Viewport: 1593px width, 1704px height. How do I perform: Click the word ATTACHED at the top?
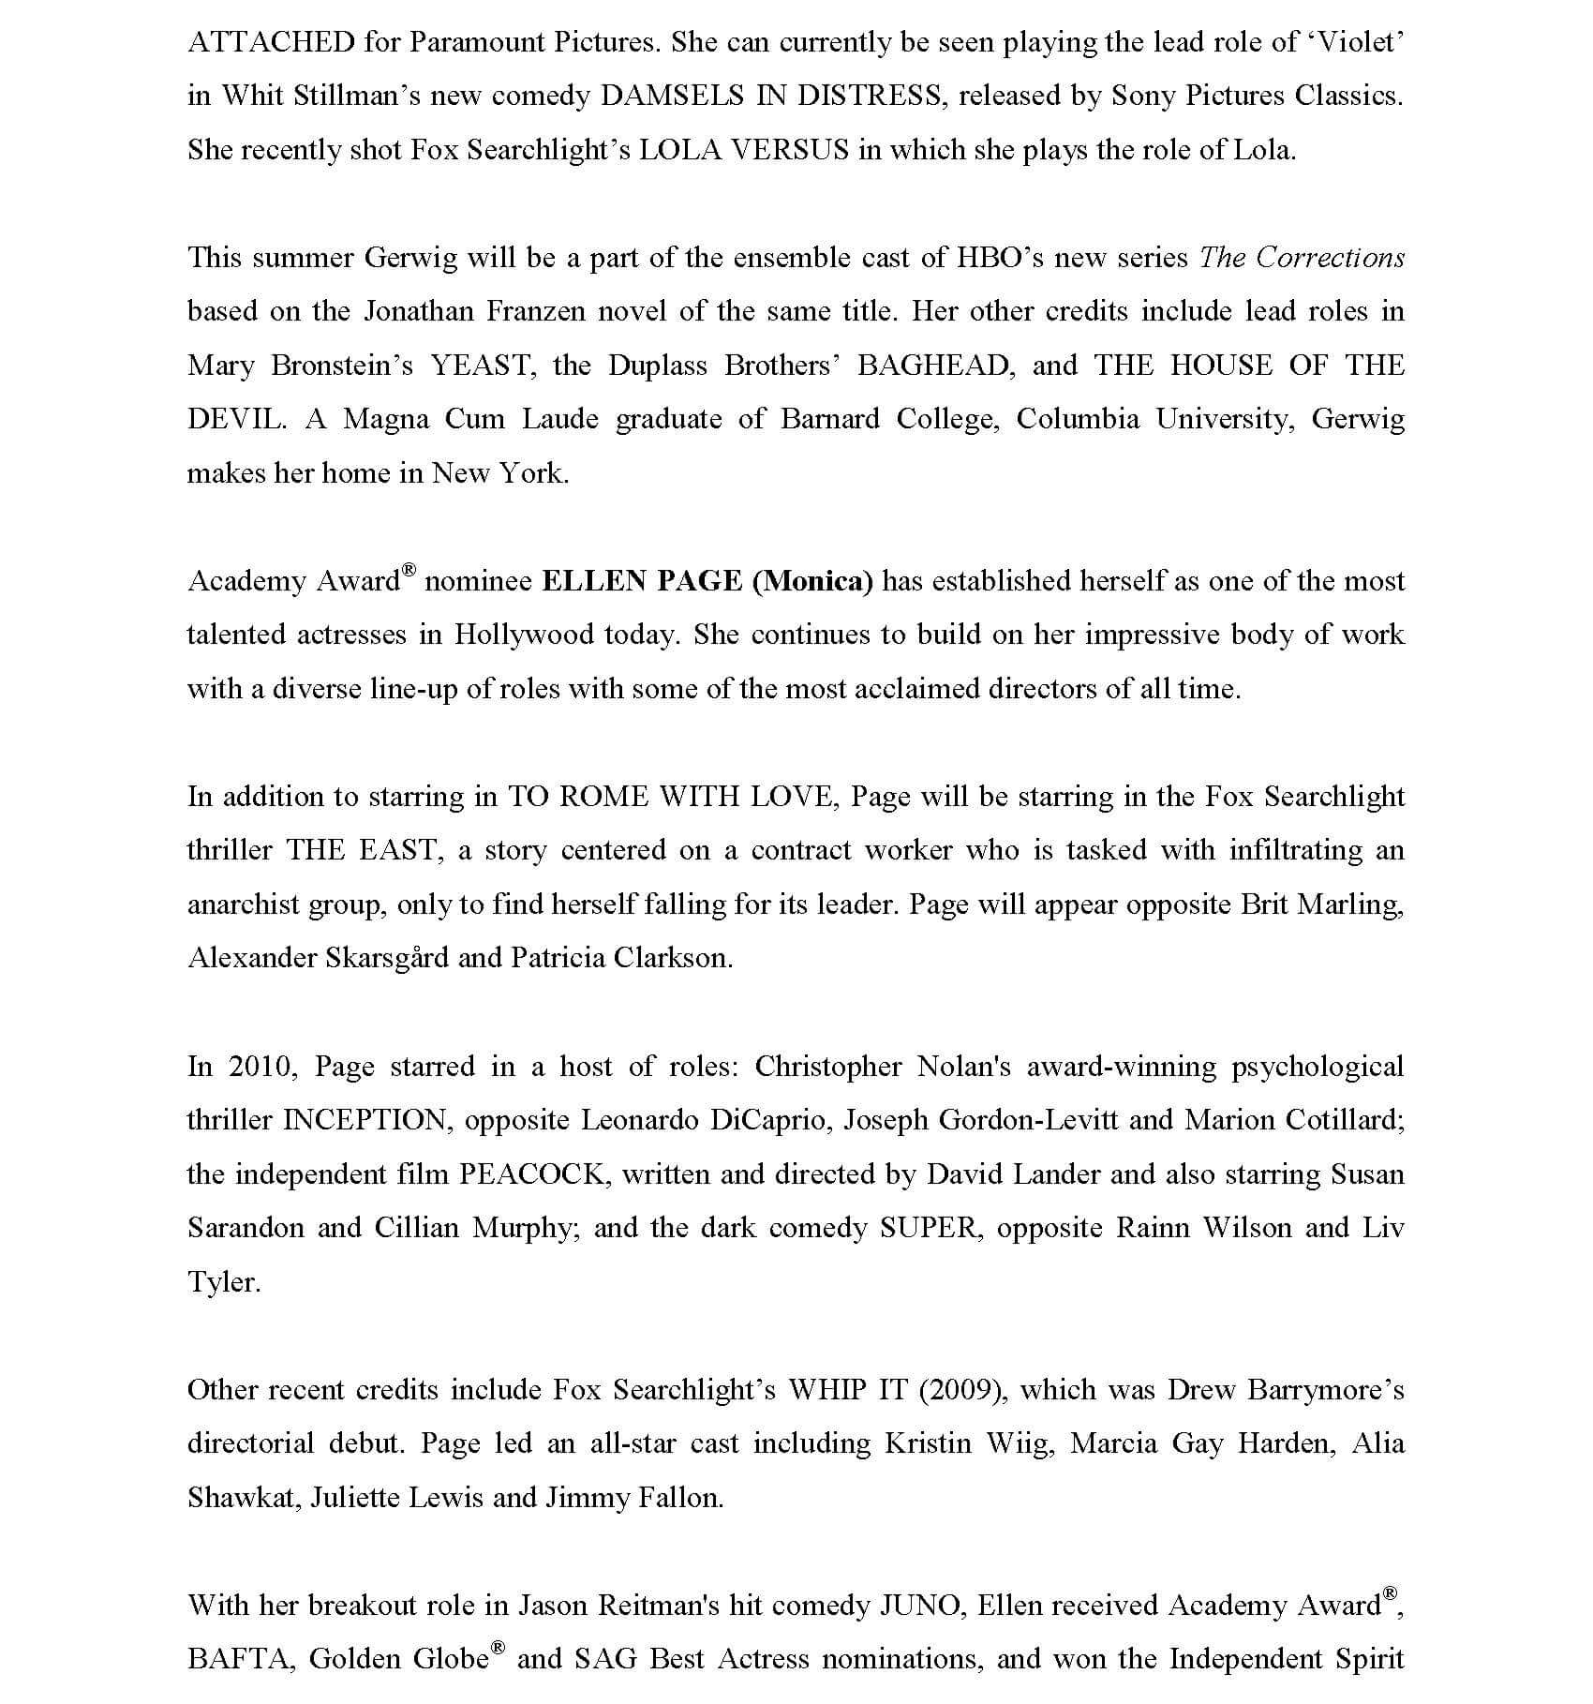pyautogui.click(x=271, y=42)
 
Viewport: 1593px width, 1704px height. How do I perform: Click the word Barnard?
pyautogui.click(x=830, y=419)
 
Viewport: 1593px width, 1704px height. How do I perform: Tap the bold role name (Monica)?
pyautogui.click(x=812, y=581)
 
